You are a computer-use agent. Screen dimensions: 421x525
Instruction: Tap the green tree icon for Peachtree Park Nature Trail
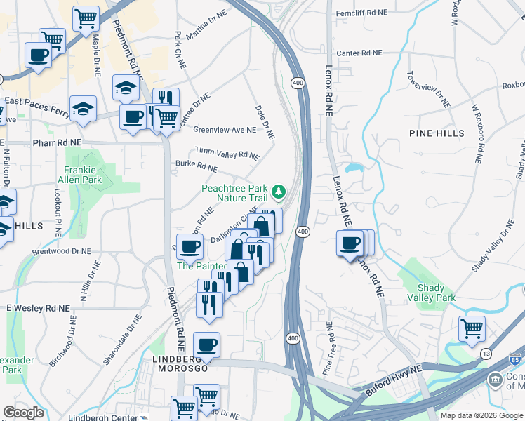(x=279, y=191)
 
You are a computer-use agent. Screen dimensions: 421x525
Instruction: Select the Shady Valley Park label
(x=436, y=293)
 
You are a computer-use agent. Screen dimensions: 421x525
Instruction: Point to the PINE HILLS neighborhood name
(x=437, y=133)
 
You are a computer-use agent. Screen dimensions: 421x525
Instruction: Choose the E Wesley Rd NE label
(x=39, y=308)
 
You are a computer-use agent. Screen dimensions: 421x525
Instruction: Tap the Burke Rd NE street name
(x=197, y=167)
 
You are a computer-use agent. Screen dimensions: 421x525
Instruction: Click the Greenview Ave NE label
(x=225, y=130)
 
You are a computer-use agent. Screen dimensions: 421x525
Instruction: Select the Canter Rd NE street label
(x=359, y=53)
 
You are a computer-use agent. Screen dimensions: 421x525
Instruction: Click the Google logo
(x=24, y=413)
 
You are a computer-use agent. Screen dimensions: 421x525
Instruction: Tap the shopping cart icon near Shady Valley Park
(x=472, y=327)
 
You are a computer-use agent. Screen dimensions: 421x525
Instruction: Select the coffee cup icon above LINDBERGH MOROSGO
(x=206, y=345)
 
